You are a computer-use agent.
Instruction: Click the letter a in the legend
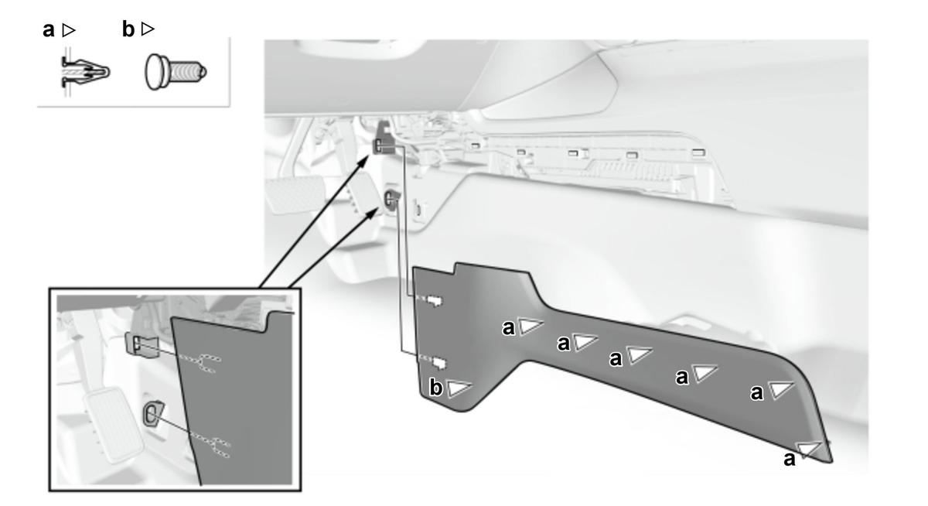[49, 30]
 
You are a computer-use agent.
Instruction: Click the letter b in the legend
[128, 29]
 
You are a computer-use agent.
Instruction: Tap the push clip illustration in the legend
[85, 73]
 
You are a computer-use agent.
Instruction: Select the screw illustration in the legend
[176, 72]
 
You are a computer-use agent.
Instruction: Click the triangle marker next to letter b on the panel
[459, 388]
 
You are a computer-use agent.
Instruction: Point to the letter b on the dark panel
[435, 388]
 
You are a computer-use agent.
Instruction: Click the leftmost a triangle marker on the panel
[531, 327]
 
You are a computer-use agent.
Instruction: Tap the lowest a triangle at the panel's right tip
[809, 450]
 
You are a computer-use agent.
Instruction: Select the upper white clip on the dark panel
[435, 301]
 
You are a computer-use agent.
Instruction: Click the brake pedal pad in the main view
[295, 193]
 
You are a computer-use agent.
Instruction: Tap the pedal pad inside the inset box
[114, 425]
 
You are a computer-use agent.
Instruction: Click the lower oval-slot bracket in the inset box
[152, 413]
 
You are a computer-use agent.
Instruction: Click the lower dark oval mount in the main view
[391, 199]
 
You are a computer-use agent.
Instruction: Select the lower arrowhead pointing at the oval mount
[373, 214]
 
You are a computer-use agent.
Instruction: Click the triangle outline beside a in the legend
[68, 30]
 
